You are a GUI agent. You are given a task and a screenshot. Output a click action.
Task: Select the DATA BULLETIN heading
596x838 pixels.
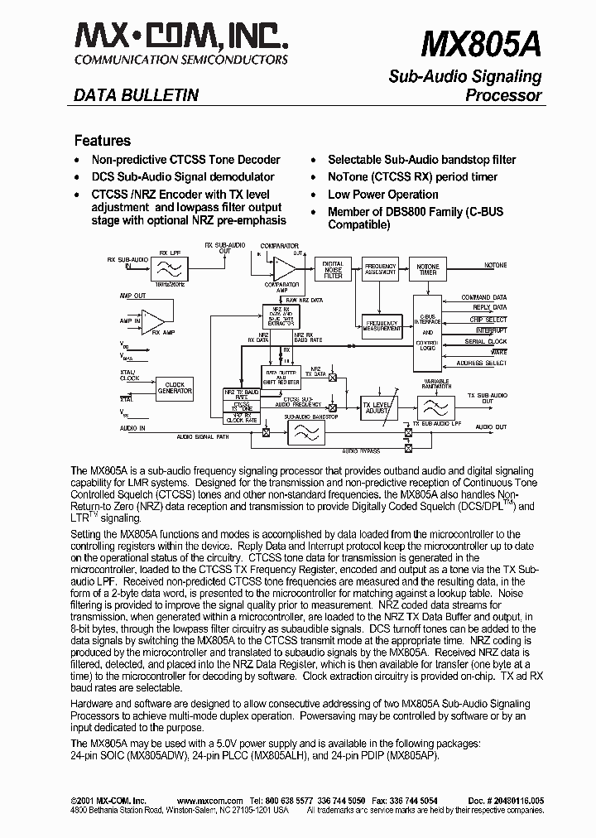click(137, 95)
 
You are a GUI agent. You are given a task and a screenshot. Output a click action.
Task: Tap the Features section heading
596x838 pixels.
click(103, 141)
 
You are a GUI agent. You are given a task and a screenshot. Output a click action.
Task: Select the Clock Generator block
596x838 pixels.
click(175, 388)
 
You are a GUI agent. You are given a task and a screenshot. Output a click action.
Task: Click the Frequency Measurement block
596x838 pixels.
click(382, 325)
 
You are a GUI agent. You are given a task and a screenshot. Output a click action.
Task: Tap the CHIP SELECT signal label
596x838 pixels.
click(488, 319)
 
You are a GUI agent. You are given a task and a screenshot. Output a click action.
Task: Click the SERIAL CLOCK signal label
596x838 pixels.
click(485, 341)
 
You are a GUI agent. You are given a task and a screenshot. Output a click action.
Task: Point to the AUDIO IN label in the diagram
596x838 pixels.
click(132, 428)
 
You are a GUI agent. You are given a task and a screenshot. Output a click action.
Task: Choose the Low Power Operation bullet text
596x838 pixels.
click(383, 195)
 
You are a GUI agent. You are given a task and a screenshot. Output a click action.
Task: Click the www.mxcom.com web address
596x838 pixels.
click(209, 801)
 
